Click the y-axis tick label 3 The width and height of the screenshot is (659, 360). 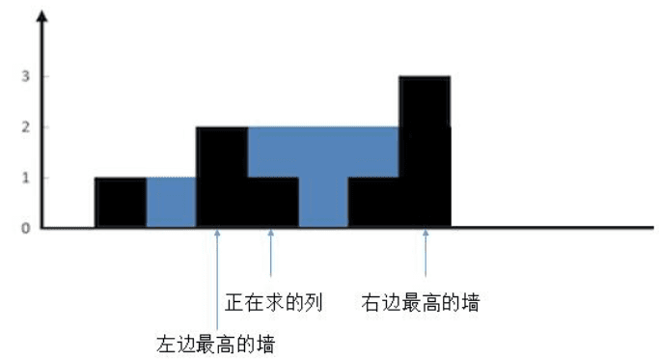26,76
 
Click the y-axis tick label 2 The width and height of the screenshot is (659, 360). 26,127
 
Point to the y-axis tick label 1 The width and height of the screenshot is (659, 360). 26,178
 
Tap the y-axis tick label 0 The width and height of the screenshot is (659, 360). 26,229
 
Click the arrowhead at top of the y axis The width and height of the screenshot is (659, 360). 42,16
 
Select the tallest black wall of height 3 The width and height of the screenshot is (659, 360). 425,152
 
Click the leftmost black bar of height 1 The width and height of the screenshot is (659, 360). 121,203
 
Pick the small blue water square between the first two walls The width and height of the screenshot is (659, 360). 171,203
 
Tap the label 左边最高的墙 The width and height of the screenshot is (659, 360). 215,345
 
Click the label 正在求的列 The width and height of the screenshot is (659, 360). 274,302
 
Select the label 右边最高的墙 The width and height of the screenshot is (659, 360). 421,302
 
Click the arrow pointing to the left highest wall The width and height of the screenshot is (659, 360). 217,280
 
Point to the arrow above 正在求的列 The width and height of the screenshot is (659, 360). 271,253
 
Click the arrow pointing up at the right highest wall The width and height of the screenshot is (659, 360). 426,253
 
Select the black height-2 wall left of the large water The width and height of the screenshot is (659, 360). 222,177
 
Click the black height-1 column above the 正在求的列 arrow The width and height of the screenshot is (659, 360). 273,203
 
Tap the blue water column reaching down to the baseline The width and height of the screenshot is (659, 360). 323,202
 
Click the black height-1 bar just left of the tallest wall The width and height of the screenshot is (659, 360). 373,203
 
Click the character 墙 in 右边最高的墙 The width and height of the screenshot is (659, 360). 470,302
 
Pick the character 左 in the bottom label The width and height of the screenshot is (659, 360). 166,345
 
